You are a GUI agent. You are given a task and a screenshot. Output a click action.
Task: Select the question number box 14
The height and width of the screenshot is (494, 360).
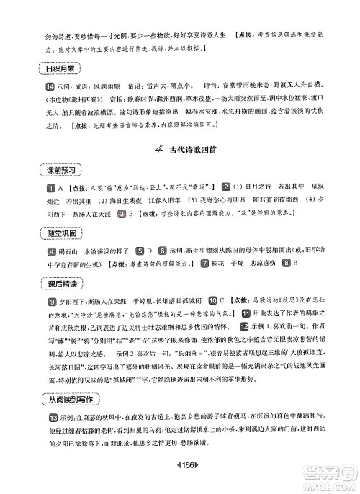click(40, 86)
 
